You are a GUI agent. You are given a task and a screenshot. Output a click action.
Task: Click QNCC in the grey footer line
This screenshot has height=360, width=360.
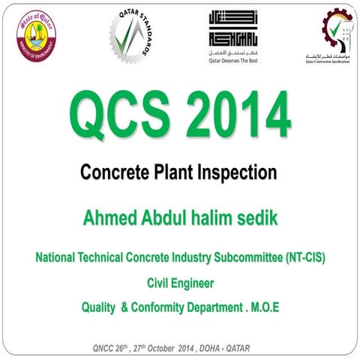point(101,348)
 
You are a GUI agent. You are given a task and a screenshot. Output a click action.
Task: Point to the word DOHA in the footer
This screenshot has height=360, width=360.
point(213,348)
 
